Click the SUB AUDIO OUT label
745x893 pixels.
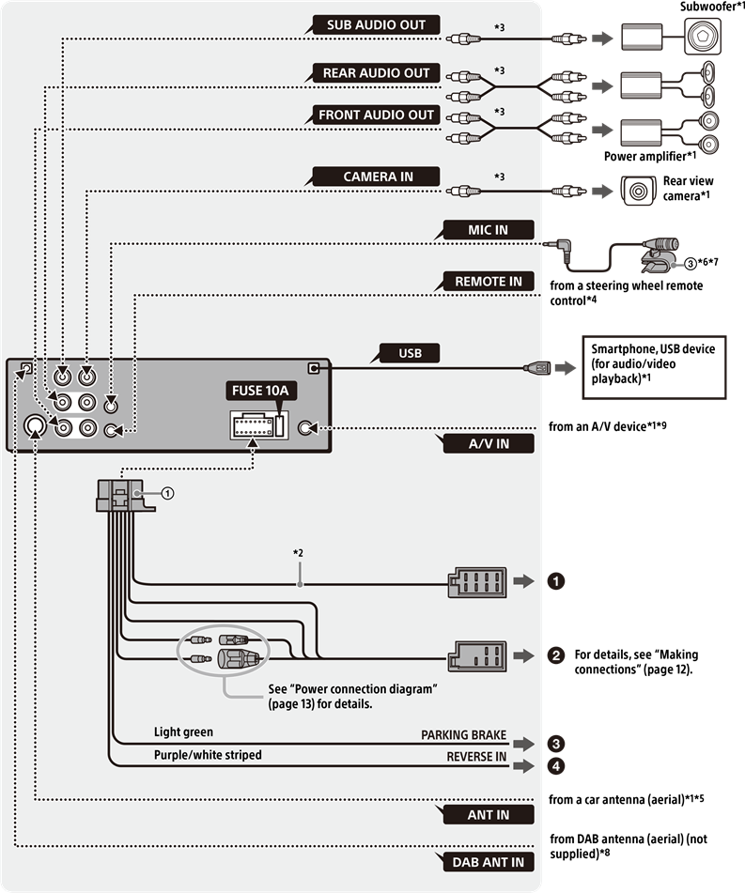[376, 25]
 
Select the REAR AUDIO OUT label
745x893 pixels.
[376, 73]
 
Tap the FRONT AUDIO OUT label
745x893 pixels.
[376, 115]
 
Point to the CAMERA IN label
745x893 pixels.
[378, 177]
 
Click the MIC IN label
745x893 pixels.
[488, 230]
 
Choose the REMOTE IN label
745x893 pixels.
[488, 282]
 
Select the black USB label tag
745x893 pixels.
[411, 354]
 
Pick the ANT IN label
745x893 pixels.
[488, 815]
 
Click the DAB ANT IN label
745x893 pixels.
[488, 861]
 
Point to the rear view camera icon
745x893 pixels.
[640, 191]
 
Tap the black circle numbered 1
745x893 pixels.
[556, 581]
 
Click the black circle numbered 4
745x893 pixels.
[556, 765]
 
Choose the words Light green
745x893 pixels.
[183, 731]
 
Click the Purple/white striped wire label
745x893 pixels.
[208, 755]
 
